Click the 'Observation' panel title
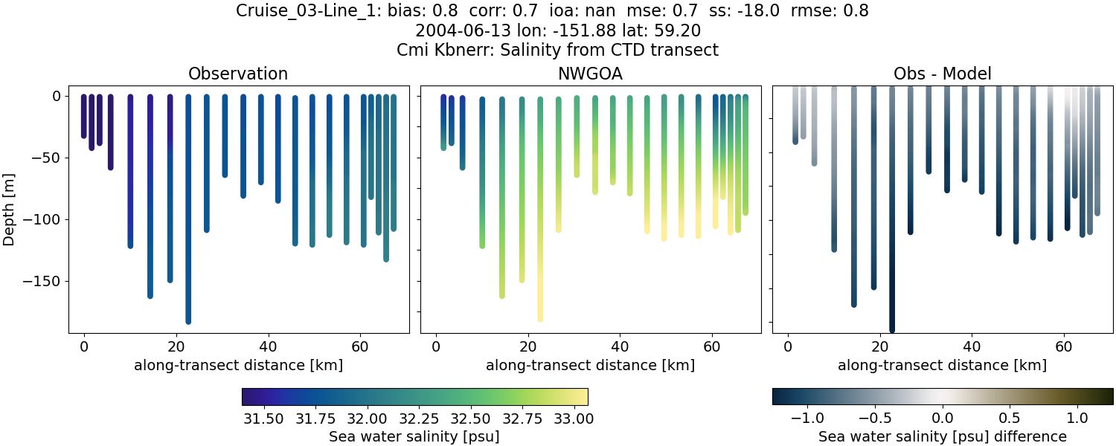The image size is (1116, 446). pos(238,74)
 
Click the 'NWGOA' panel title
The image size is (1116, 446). pos(590,74)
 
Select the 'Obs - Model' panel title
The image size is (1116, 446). pos(942,74)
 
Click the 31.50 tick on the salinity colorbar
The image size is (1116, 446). pos(263,418)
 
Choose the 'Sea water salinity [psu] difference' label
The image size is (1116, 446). pos(942,436)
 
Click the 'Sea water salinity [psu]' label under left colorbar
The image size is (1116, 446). pos(414,436)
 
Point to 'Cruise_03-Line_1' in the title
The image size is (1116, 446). pos(295,11)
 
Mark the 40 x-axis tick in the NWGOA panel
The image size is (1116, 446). pos(620,346)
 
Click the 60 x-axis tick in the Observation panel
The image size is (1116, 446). pos(360,346)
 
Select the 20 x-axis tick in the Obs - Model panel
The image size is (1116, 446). pos(879,346)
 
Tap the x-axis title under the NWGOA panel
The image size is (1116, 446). pos(590,366)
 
